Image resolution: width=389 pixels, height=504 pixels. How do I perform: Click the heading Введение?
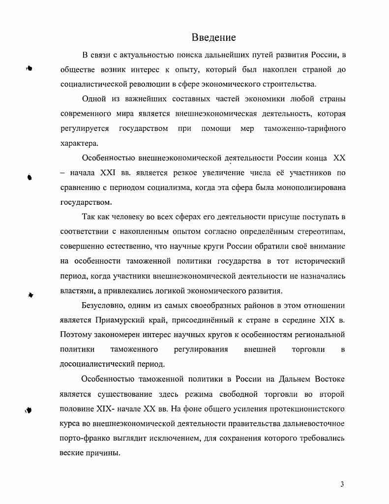pos(213,37)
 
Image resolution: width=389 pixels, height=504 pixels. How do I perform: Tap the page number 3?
pos(342,484)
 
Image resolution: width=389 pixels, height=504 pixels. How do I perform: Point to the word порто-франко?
pos(81,438)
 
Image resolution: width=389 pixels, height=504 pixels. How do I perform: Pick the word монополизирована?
pos(312,187)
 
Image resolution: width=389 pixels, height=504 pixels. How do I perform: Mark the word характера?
pos(79,143)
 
